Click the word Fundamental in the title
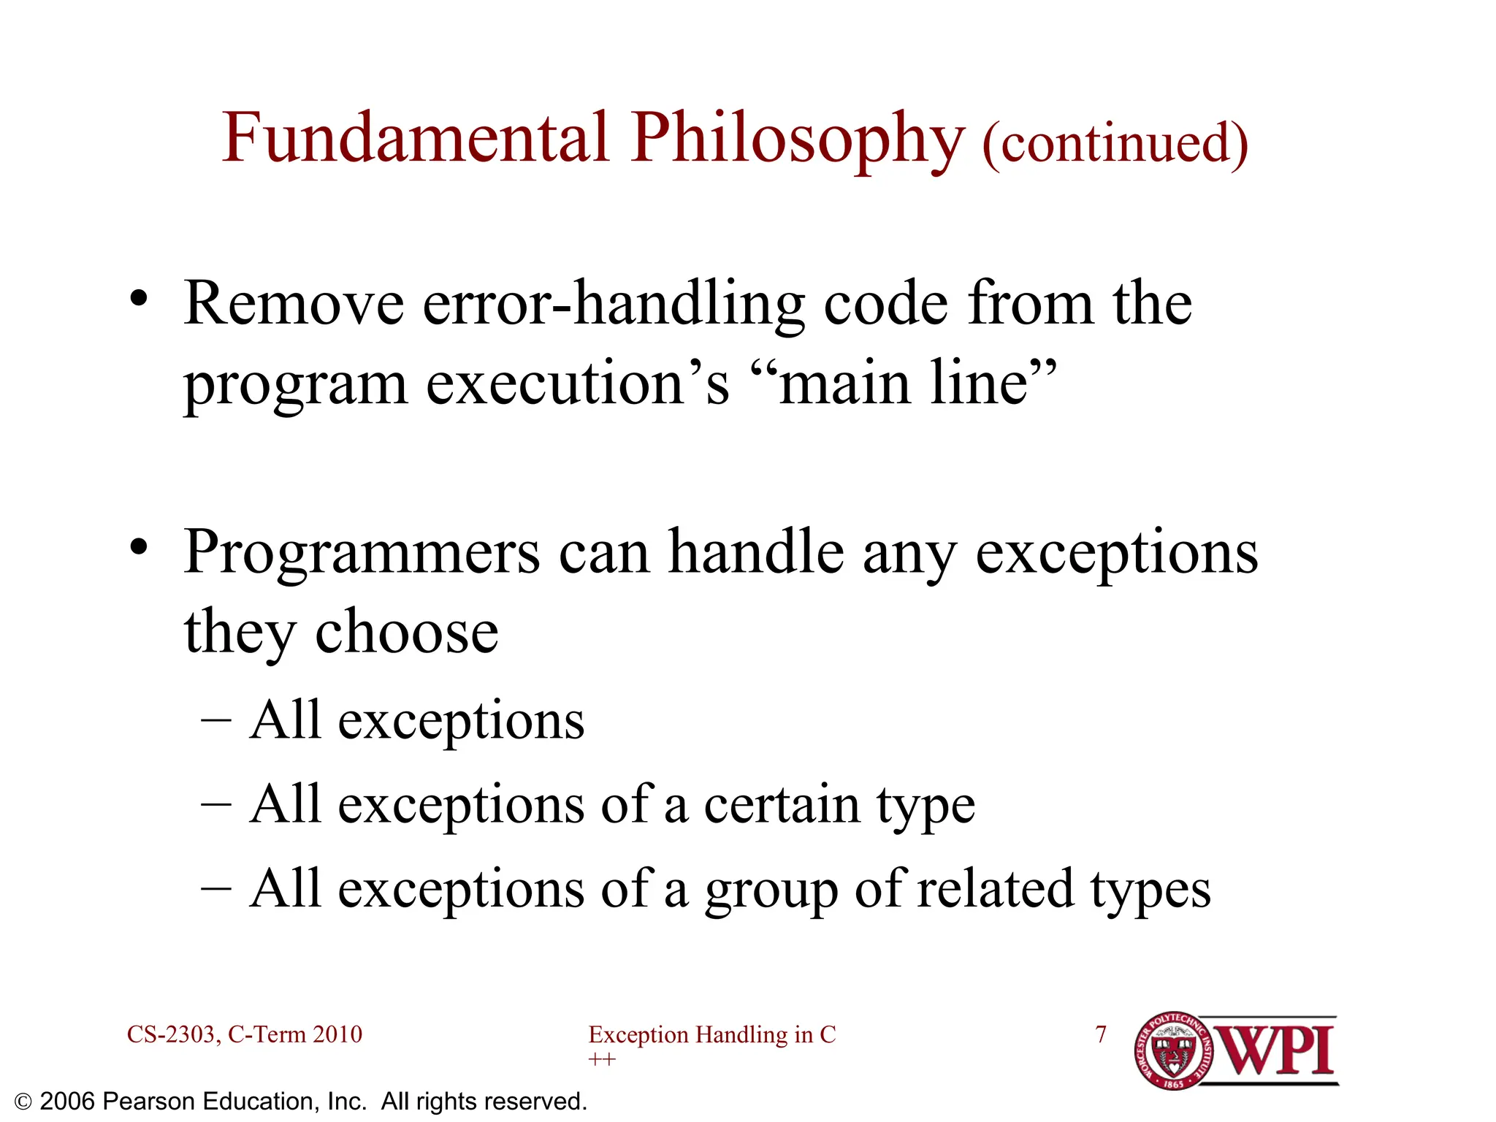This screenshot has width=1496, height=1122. pyautogui.click(x=415, y=139)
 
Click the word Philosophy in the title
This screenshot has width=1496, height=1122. pyautogui.click(x=798, y=140)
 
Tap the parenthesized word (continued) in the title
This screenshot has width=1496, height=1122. pyautogui.click(x=1115, y=143)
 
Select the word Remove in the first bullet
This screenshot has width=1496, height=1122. pyautogui.click(x=294, y=304)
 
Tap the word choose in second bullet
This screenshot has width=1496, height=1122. pyautogui.click(x=406, y=633)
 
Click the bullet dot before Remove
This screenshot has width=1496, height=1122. pyautogui.click(x=139, y=299)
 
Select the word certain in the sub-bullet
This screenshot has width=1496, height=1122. pyautogui.click(x=782, y=805)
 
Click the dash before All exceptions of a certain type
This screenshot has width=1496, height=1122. pyautogui.click(x=216, y=805)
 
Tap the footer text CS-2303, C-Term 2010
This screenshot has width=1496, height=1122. pyautogui.click(x=245, y=1034)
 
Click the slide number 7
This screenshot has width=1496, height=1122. pyautogui.click(x=1101, y=1034)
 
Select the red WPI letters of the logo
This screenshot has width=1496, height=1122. pyautogui.click(x=1276, y=1051)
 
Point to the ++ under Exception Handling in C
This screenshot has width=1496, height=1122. pyautogui.click(x=602, y=1060)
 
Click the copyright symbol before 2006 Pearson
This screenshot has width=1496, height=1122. pyautogui.click(x=23, y=1102)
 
